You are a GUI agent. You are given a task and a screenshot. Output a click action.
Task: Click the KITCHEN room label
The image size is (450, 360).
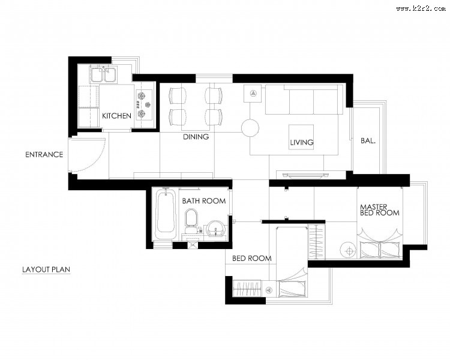click(116, 116)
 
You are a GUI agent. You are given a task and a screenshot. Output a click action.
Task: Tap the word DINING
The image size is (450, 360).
click(196, 137)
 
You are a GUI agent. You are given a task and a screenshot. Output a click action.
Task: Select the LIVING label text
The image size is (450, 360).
click(301, 142)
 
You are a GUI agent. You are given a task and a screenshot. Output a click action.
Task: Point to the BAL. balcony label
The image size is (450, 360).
click(368, 140)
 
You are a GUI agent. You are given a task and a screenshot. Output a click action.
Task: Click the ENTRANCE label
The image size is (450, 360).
click(44, 154)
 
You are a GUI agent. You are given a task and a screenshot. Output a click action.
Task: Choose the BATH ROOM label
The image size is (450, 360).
click(204, 200)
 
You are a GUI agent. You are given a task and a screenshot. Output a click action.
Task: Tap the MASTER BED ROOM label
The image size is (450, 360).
click(380, 210)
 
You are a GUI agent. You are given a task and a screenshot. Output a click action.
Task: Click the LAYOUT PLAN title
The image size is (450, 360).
click(46, 269)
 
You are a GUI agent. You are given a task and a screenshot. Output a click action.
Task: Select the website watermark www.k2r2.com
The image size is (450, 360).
click(421, 8)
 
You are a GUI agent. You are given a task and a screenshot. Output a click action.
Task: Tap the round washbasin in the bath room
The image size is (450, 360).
click(216, 228)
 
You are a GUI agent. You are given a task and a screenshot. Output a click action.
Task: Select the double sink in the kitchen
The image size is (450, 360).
click(103, 74)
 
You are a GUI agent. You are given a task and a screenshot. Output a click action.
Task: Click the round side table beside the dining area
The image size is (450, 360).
click(250, 128)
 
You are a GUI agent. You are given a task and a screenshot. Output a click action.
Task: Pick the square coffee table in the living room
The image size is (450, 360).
click(301, 137)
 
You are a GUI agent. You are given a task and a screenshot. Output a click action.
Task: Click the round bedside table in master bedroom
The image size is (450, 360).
click(349, 251)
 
